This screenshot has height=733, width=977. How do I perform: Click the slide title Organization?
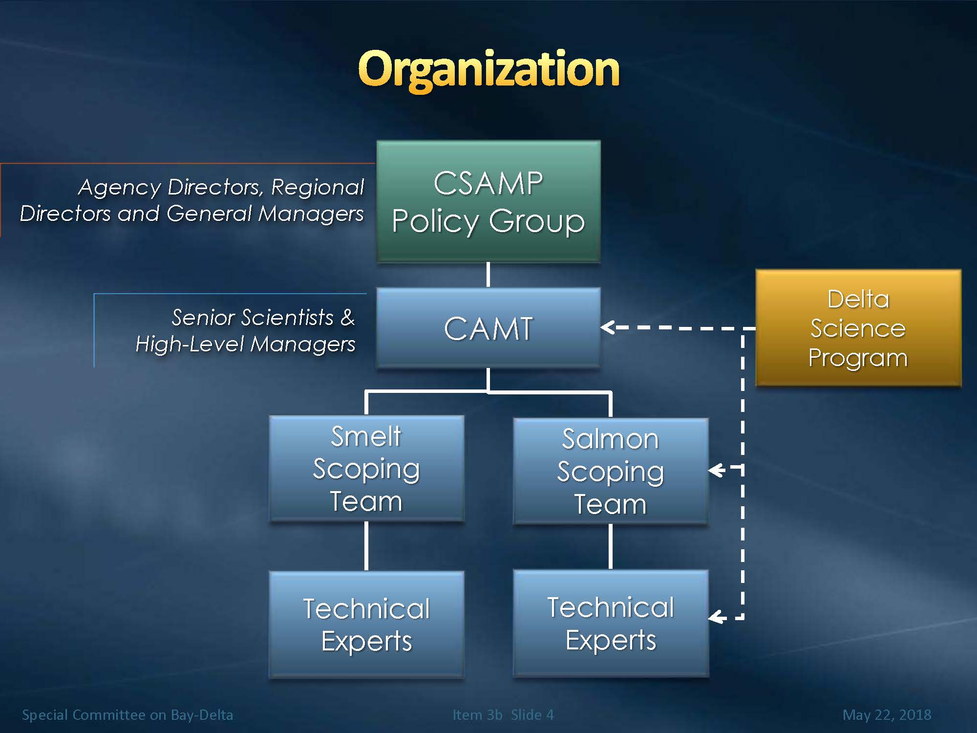tap(488, 69)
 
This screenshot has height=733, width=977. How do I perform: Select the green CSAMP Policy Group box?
tap(488, 202)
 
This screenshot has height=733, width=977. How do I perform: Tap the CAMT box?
tap(488, 327)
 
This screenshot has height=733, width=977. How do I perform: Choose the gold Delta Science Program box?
tap(858, 328)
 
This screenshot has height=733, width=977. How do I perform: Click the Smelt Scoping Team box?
tap(366, 469)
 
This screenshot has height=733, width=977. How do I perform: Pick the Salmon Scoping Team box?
tap(611, 471)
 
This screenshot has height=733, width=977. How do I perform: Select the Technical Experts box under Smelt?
tap(366, 625)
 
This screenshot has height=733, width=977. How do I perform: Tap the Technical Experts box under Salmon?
tap(611, 623)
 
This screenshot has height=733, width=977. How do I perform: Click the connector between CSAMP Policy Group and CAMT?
tap(488, 275)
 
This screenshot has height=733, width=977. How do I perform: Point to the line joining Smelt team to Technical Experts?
tap(366, 546)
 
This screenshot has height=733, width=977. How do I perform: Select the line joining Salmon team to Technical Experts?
tap(611, 547)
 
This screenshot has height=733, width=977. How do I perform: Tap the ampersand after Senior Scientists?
tap(347, 318)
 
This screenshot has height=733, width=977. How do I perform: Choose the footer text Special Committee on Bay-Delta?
tap(127, 715)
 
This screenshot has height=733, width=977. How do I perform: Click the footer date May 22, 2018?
tap(887, 715)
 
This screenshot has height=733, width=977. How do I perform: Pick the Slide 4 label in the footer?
tap(532, 715)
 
